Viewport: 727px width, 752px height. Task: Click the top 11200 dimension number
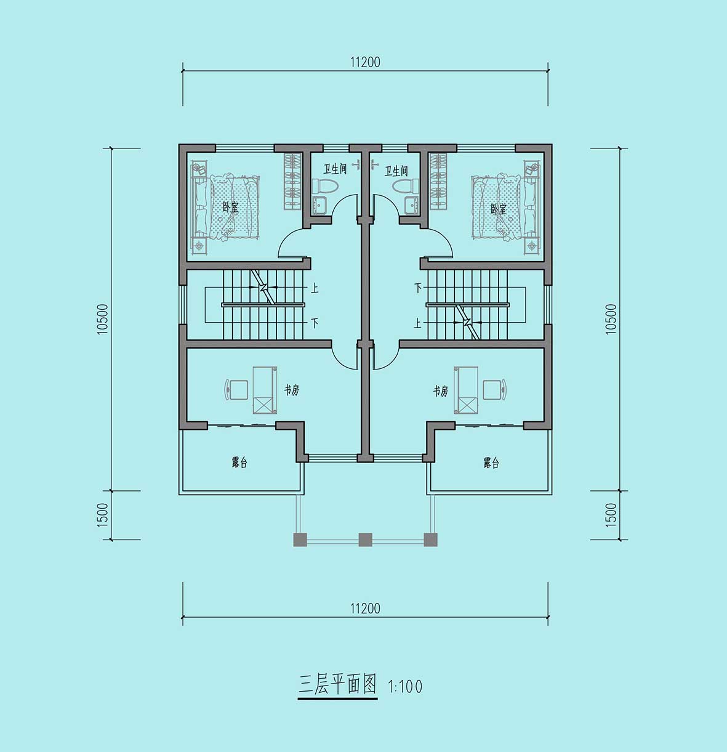coord(365,62)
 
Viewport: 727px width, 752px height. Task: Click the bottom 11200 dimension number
coord(365,608)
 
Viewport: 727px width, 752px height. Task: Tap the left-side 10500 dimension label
coord(103,319)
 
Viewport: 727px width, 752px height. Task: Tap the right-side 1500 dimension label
coord(611,515)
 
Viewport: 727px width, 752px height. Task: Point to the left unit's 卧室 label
coord(230,208)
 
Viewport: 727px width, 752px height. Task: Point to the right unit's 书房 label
coord(441,391)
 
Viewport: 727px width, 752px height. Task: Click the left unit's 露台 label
coord(239,463)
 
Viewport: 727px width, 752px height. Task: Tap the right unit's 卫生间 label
coord(396,171)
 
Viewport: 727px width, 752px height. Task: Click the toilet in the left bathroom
coord(325,187)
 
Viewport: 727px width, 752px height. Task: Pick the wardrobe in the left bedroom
coord(292,182)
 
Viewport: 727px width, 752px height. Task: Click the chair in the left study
coord(236,389)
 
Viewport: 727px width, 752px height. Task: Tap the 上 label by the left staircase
coord(315,288)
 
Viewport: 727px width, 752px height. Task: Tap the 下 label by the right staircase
coord(418,288)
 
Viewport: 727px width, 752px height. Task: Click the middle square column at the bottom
coord(365,540)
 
